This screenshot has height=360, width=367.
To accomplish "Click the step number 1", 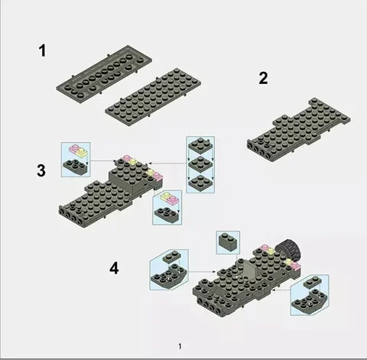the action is click(43, 50).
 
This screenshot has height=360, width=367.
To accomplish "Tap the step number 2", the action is click(263, 78).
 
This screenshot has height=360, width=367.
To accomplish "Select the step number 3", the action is click(41, 170).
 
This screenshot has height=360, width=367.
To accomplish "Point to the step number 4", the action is click(114, 268).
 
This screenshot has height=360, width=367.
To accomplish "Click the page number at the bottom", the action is click(180, 346).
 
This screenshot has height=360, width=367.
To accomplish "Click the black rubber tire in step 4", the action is click(288, 249).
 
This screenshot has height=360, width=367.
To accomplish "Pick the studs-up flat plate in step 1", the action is click(153, 98).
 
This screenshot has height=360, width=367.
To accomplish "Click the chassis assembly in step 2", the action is click(298, 129).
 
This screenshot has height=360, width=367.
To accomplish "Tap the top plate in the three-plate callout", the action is click(200, 146).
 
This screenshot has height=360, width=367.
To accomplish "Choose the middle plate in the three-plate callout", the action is click(200, 164).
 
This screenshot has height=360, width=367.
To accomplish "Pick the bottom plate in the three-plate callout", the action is click(200, 183).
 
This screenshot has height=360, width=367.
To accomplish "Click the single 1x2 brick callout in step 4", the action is click(228, 242).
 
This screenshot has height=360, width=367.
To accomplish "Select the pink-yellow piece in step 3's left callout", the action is click(79, 151).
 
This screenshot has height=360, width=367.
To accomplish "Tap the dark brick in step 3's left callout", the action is click(76, 166).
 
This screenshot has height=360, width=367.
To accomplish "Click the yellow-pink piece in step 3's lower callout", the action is click(171, 199).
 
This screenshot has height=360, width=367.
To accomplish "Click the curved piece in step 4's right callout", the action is click(310, 301).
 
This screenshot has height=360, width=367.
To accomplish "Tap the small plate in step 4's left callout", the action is click(172, 257).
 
